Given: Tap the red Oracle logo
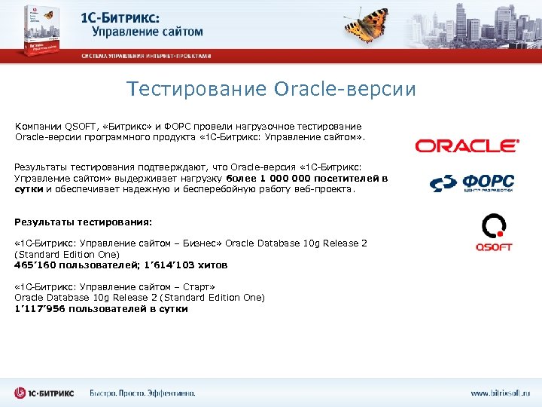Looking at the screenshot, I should click(467, 145).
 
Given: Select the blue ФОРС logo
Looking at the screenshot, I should click(472, 183).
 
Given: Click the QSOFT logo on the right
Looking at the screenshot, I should click(494, 233).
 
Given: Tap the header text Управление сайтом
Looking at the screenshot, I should click(148, 32).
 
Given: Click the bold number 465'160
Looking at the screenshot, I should click(32, 265).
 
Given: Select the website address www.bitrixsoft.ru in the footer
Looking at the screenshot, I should click(501, 393).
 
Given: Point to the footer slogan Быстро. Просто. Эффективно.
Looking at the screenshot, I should click(142, 393).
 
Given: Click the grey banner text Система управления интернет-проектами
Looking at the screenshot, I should click(146, 56).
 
